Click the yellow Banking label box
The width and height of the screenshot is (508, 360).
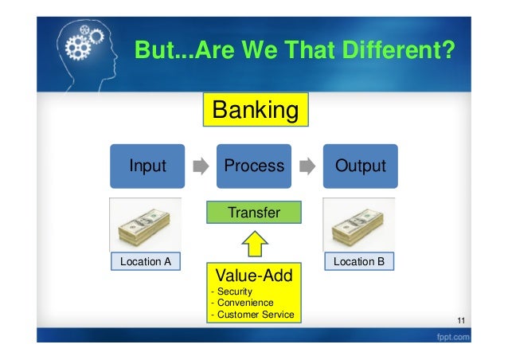(254, 111)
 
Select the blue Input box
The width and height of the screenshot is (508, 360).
(148, 166)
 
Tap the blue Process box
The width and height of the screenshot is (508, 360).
(254, 166)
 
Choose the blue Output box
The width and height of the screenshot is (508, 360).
(360, 166)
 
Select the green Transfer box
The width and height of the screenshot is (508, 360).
(255, 212)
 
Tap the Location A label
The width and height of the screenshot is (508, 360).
(145, 260)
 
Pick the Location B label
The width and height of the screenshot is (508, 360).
(359, 260)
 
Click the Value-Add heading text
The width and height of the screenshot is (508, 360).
(254, 276)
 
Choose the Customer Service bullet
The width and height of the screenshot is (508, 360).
(252, 315)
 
